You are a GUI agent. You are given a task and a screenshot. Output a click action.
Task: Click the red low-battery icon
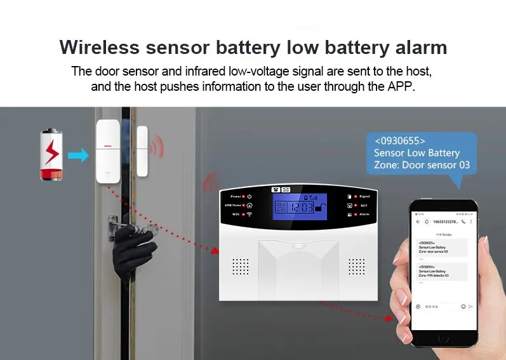(52, 155)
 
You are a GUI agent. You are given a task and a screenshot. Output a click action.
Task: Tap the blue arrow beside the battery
(79, 155)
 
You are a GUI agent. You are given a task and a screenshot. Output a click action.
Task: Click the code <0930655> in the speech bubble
(400, 141)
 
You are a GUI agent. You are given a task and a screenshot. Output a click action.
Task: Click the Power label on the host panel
(236, 197)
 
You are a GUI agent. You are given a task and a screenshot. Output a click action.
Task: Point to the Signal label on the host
(365, 197)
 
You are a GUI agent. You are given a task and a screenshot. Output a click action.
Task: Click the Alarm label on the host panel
(365, 215)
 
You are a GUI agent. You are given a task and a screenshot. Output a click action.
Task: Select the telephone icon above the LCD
(276, 189)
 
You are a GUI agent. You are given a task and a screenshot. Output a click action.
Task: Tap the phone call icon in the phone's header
(463, 222)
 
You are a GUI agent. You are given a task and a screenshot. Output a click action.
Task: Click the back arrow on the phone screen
(418, 222)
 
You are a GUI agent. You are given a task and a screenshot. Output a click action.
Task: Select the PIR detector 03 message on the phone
(438, 271)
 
